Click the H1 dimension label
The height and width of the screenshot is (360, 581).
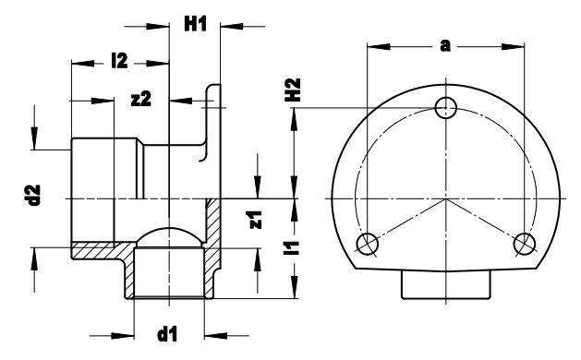[195, 24]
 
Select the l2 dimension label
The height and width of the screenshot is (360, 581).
[119, 61]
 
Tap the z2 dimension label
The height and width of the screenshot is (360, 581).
[141, 100]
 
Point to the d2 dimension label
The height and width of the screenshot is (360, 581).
[34, 195]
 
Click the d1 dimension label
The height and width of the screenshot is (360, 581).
[167, 334]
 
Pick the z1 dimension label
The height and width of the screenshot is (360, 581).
[256, 220]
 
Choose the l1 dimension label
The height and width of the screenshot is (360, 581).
[291, 248]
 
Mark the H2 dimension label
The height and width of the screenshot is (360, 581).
[293, 90]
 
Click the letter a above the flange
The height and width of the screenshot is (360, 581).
[445, 46]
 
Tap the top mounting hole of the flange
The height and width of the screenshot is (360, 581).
[446, 108]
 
